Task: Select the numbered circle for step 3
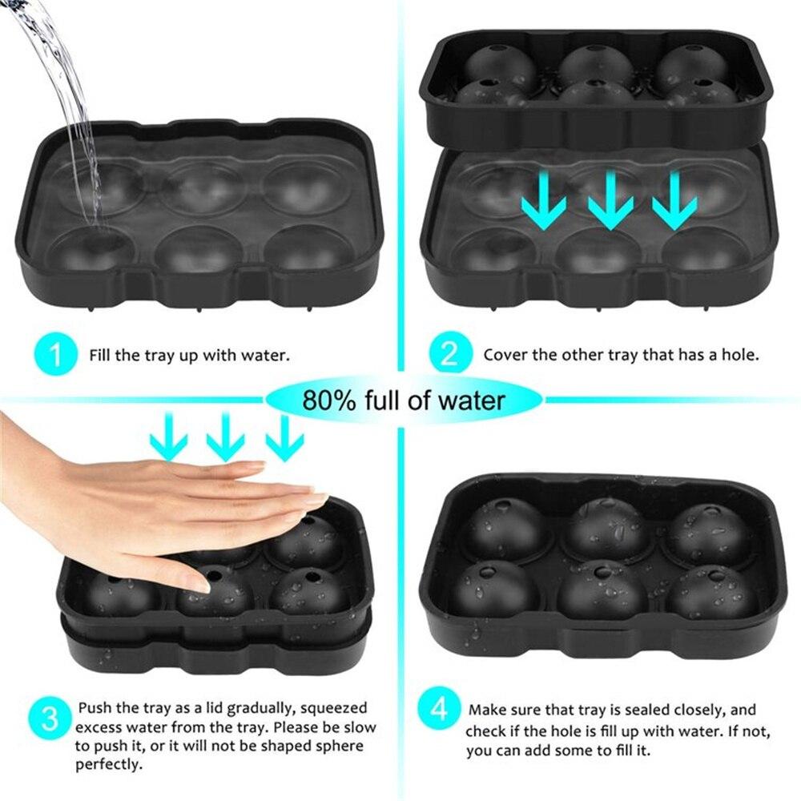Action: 50,718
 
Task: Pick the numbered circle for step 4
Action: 439,710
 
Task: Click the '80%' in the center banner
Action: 328,399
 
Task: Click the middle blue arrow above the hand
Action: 225,437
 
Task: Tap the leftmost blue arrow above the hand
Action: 168,437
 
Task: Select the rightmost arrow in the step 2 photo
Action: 674,200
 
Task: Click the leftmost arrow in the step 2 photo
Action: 541,200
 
